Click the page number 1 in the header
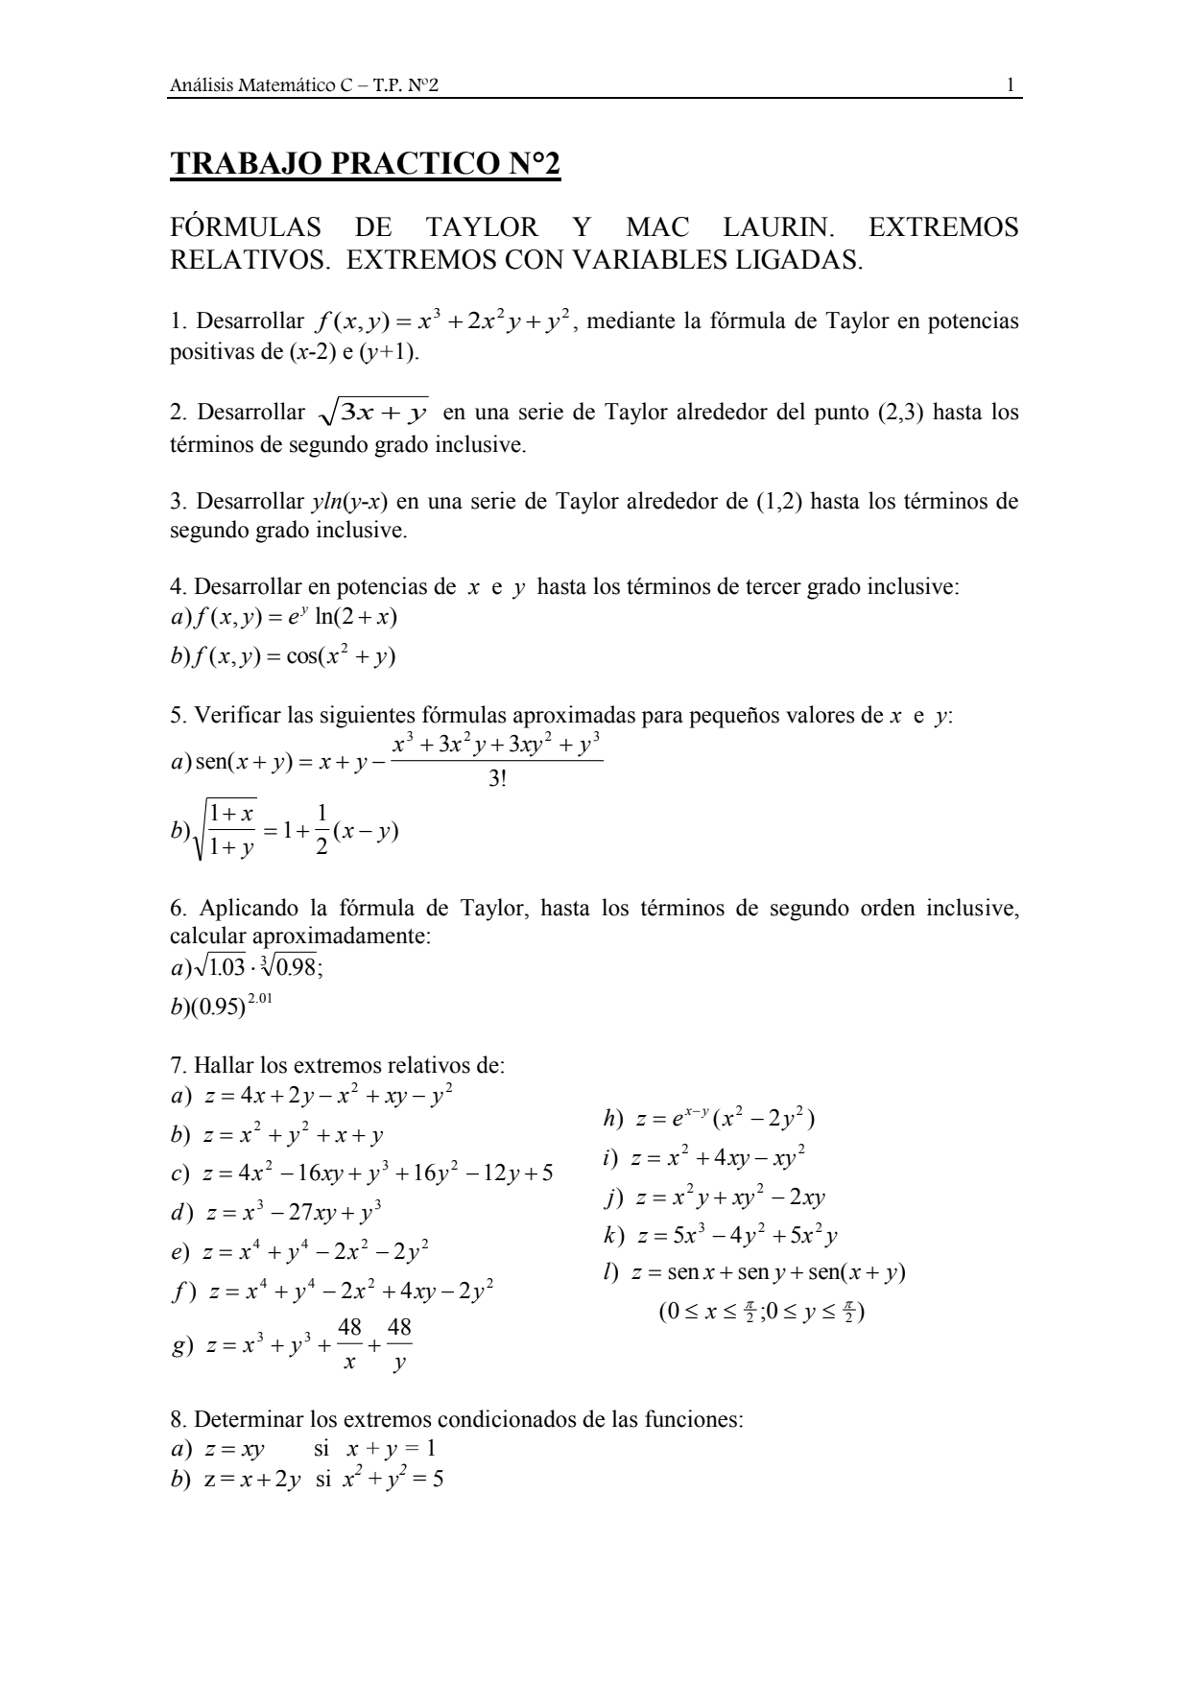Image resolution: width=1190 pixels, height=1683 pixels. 1011,86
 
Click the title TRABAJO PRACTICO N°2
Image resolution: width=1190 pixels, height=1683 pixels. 365,164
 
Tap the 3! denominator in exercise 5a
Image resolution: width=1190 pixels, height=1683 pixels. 497,778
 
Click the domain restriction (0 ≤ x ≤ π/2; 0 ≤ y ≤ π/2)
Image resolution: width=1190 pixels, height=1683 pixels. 762,1311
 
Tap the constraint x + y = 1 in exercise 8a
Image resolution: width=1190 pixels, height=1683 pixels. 391,1448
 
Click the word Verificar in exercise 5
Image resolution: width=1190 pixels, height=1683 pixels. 235,716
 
